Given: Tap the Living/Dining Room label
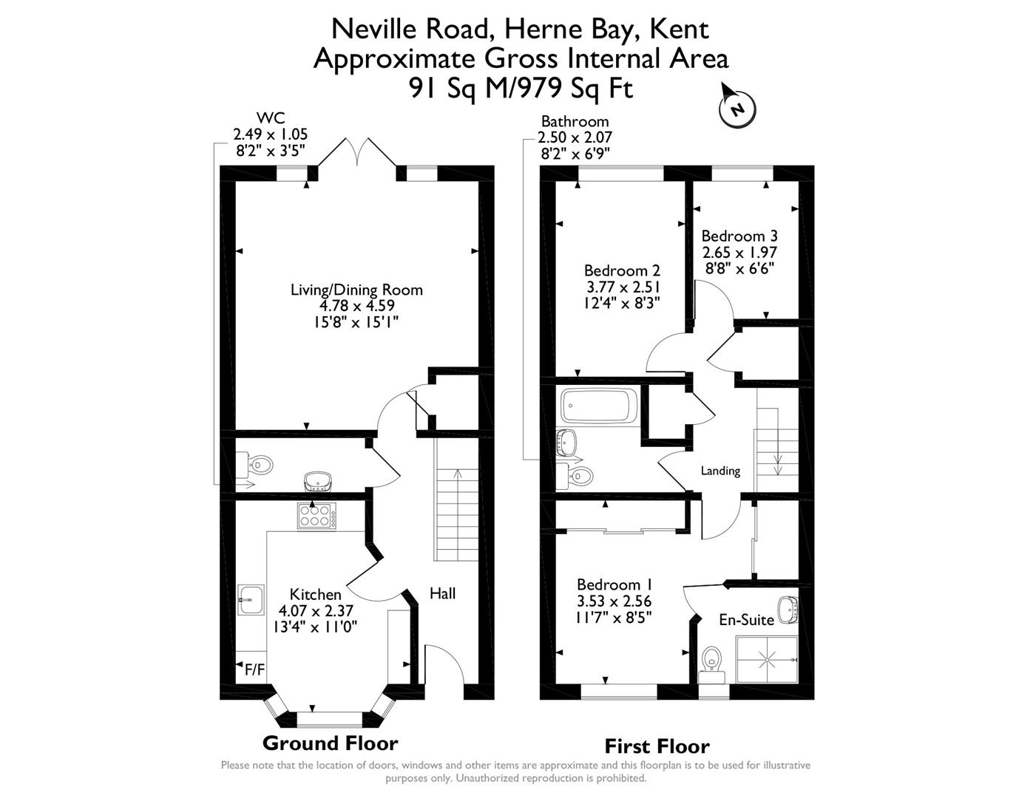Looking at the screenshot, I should [356, 290].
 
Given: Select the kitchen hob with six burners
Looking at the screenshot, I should [316, 515].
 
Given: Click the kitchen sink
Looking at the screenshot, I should [251, 599].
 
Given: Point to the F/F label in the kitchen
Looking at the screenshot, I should [254, 670].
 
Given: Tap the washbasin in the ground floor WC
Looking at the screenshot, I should [320, 482].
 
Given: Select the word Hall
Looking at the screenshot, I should [442, 593].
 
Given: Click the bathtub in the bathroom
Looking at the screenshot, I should [599, 406].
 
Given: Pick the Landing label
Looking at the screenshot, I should [720, 471].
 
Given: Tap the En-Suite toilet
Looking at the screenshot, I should [711, 658].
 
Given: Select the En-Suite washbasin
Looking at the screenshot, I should [788, 610].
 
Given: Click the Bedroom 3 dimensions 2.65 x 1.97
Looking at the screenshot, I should [739, 252].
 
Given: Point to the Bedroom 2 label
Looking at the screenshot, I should [622, 271].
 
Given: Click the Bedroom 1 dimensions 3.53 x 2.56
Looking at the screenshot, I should [614, 601].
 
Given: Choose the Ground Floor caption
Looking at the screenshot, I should [330, 743].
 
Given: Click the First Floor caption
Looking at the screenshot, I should [657, 746].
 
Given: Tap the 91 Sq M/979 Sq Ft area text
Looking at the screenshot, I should [521, 89].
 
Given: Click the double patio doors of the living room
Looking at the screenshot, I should [357, 154].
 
